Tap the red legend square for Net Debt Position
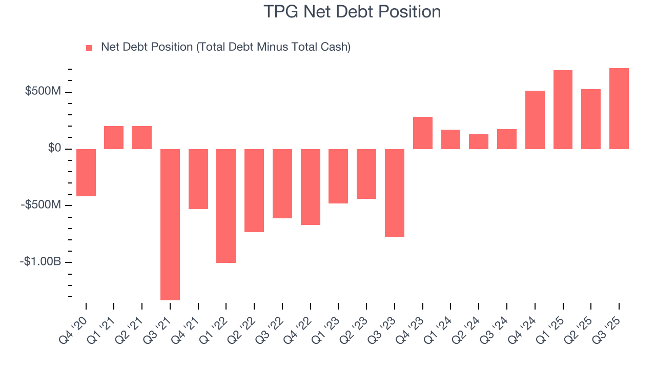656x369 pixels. click(x=89, y=48)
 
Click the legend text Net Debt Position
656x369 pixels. click(x=225, y=47)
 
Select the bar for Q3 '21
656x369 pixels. click(x=170, y=224)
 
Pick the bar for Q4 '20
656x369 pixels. click(x=86, y=173)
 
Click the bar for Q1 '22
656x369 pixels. click(x=226, y=206)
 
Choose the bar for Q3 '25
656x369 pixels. click(x=619, y=109)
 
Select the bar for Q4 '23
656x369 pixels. click(x=423, y=133)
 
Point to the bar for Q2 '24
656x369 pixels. click(x=479, y=141)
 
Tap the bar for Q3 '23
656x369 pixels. click(x=395, y=193)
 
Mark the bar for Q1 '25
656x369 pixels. click(x=563, y=110)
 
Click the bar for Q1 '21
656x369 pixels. click(x=114, y=137)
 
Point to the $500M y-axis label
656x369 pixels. click(x=43, y=92)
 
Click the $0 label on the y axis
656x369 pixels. click(x=55, y=149)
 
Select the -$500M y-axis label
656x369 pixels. click(x=40, y=205)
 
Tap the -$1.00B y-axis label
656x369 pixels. click(x=40, y=262)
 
